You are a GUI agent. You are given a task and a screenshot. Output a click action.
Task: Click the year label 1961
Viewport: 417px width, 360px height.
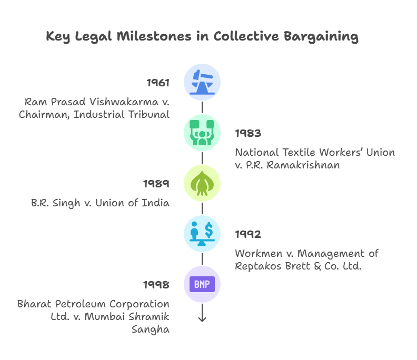[158, 83]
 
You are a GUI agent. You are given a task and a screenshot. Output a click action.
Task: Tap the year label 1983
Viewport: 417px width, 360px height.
[248, 133]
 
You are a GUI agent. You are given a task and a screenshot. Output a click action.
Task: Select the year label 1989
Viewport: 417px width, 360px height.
[156, 184]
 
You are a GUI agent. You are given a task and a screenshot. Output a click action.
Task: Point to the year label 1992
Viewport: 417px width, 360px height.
[248, 234]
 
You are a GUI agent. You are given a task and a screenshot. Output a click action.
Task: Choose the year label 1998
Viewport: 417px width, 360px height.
[156, 285]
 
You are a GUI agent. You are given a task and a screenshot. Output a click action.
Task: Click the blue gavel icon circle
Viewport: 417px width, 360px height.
[202, 82]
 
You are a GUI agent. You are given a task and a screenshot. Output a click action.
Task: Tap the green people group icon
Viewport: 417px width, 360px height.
[202, 133]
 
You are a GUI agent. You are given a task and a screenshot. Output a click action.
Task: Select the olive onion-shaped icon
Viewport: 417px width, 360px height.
[202, 183]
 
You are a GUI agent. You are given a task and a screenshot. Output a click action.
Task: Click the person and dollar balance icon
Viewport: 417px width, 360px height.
[202, 234]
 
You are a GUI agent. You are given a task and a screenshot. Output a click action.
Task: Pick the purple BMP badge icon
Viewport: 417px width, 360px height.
[202, 285]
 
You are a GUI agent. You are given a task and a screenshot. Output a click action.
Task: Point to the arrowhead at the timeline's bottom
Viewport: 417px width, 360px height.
[202, 319]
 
